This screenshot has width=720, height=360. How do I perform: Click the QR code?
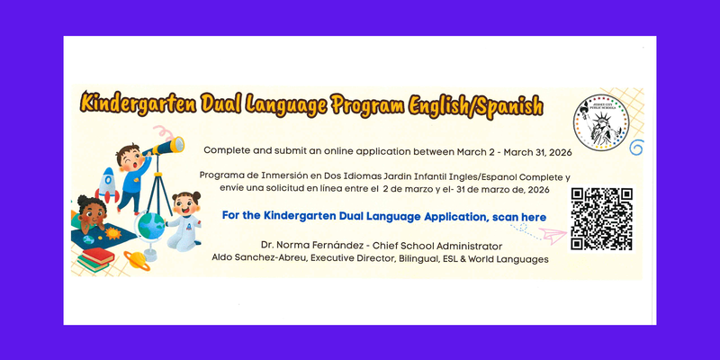[x=601, y=220]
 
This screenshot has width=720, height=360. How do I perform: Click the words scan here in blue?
[x=519, y=217]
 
